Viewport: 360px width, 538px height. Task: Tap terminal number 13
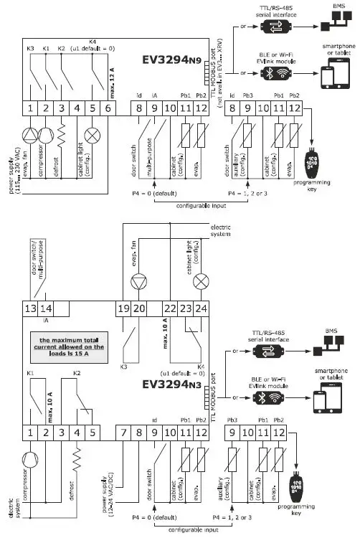tap(30, 308)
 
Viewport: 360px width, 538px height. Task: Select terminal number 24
tap(202, 308)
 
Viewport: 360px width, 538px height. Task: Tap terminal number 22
tap(169, 308)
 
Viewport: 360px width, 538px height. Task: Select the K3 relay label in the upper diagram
tap(31, 49)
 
